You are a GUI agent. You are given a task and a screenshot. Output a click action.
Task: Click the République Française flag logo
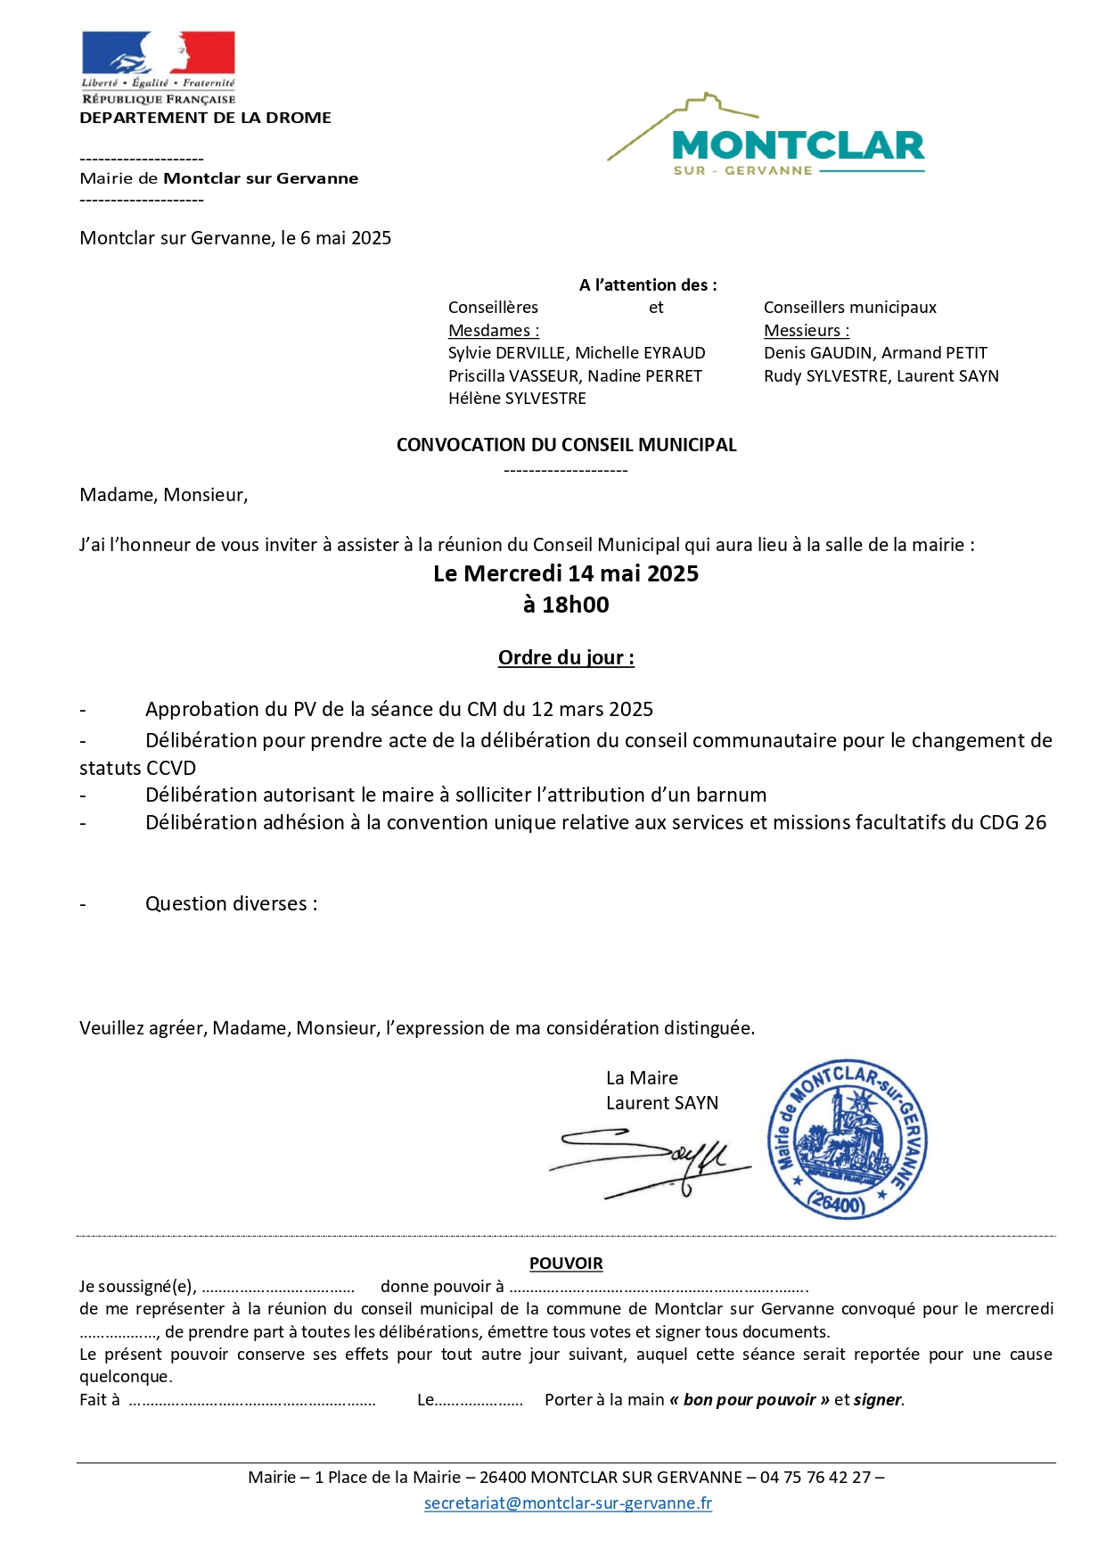point(159,55)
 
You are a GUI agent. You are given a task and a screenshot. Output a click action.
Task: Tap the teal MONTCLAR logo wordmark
point(798,145)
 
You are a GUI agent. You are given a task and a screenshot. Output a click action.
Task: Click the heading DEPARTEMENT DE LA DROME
point(206,118)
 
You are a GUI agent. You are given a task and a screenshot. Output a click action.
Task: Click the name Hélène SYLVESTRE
point(517,399)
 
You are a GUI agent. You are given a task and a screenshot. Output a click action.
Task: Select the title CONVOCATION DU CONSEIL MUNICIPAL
point(566,445)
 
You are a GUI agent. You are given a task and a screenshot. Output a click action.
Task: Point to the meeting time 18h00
point(576,605)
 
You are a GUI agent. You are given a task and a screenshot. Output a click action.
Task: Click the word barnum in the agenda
point(733,795)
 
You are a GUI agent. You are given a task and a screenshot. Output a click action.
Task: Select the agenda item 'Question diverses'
point(230,903)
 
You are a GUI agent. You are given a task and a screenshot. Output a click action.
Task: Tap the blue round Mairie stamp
point(847,1141)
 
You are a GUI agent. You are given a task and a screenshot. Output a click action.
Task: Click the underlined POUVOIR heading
point(566,1264)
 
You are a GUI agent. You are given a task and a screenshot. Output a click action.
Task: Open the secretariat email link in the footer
point(568,1503)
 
